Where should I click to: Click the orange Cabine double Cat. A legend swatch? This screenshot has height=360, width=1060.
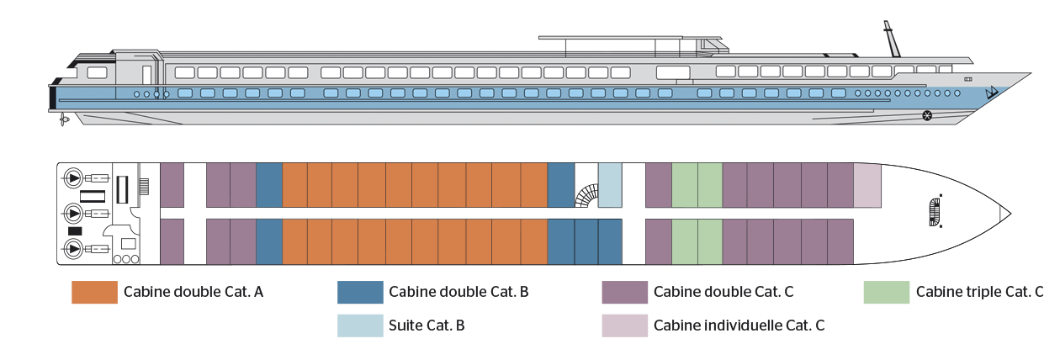pos(94,292)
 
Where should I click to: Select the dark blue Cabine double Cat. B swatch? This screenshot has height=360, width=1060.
pos(360,292)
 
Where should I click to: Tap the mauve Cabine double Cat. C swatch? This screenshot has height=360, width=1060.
pos(624,292)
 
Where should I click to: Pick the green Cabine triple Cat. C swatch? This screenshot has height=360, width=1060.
pos(887,292)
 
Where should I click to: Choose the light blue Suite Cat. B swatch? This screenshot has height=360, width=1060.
pos(360,326)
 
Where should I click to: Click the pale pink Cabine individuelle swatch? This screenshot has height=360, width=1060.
pos(624,326)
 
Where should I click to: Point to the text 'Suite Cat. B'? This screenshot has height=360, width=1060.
pos(427,326)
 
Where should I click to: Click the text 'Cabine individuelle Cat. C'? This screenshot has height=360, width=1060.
pos(739,326)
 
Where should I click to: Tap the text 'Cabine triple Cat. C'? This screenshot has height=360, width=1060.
pos(979,292)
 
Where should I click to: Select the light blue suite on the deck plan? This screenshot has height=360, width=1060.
pos(610,185)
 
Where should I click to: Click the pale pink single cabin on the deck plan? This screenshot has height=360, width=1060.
pos(867,185)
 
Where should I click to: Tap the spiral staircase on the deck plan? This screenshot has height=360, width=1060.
pos(587,195)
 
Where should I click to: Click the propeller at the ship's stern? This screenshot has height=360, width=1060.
pos(63,119)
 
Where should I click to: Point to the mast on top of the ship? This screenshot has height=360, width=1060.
pos(892,39)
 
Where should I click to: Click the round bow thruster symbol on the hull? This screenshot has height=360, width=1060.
pos(927,115)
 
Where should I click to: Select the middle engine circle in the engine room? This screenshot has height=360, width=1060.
pos(73,214)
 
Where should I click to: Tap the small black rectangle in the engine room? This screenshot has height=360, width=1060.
pos(75,230)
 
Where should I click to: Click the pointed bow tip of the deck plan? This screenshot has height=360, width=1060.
pos(1011,214)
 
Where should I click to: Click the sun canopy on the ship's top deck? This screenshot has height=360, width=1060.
pos(630,38)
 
